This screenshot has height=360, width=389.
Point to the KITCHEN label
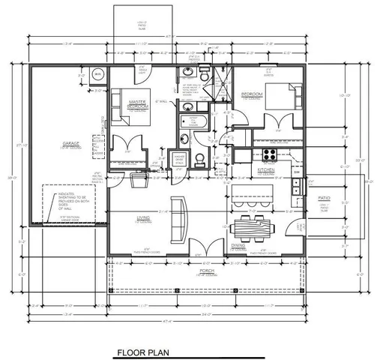(x=268, y=171)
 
